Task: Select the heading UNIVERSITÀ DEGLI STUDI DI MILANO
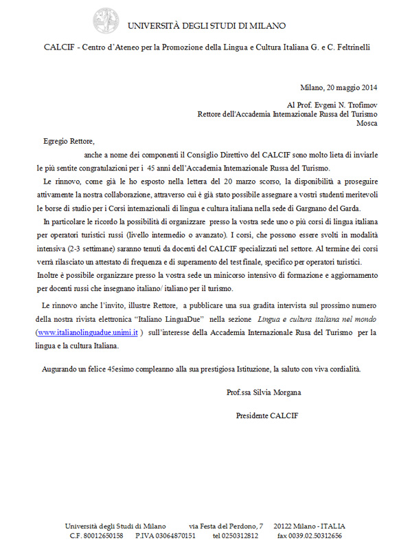206,25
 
